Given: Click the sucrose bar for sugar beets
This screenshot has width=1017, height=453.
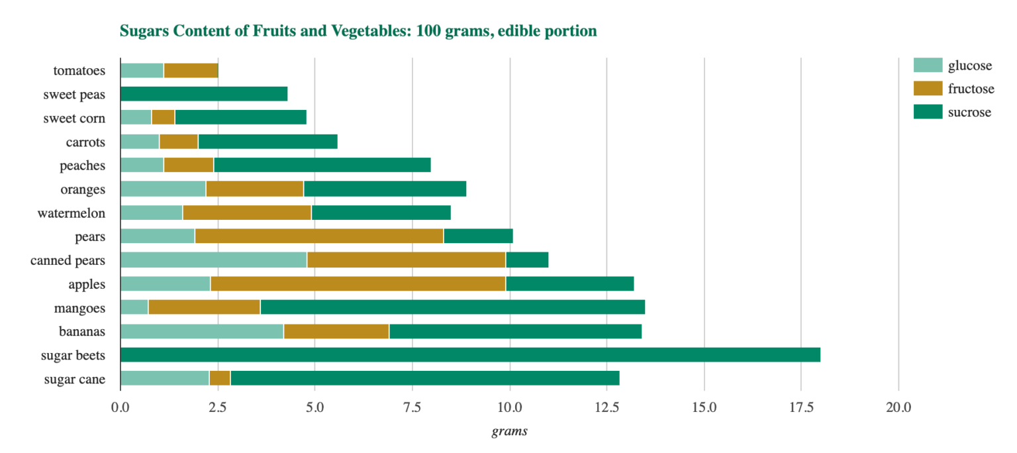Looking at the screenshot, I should (470, 354).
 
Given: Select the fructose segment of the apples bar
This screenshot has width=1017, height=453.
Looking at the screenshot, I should (358, 283).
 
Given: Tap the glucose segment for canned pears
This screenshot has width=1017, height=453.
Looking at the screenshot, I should (213, 260).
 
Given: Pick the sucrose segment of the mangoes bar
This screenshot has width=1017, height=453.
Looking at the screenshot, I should (452, 307).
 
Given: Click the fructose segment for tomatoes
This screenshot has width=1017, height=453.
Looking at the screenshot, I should (191, 70).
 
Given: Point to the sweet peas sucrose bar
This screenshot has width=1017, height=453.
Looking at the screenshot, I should (204, 94).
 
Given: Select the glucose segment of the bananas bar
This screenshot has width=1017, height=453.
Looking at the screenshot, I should (202, 331).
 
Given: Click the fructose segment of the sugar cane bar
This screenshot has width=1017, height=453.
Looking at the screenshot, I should (219, 378).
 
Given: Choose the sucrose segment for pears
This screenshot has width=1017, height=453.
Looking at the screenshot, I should (478, 236).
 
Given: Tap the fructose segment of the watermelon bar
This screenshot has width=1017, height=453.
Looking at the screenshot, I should (247, 213).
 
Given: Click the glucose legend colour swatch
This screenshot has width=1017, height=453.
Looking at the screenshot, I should (928, 65).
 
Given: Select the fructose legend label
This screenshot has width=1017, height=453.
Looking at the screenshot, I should (971, 89).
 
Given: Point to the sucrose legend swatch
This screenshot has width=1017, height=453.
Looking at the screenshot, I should (928, 112).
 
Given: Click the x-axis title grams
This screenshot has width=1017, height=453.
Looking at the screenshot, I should (509, 432).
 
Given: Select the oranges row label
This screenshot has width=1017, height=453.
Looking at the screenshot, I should (83, 189).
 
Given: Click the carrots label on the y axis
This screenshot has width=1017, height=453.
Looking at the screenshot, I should (85, 142).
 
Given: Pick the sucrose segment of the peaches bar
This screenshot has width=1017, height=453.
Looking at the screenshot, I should (322, 165).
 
